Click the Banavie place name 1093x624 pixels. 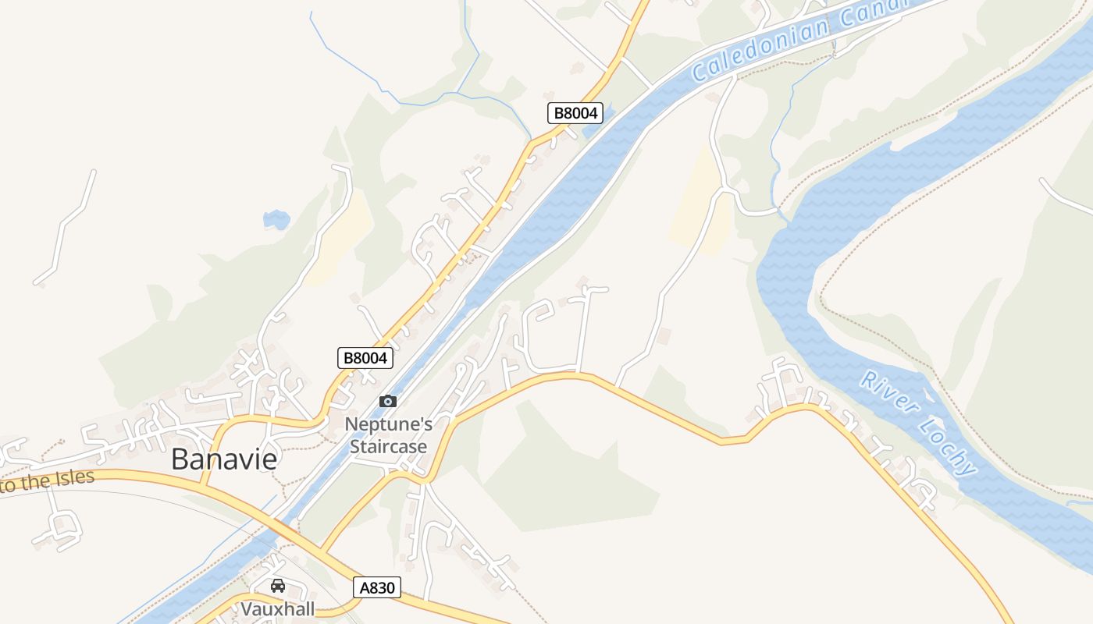click(x=224, y=459)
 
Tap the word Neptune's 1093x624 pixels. click(x=388, y=425)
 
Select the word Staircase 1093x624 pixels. click(x=388, y=447)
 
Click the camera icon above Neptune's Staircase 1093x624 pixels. click(x=388, y=402)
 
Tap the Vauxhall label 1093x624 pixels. click(x=277, y=609)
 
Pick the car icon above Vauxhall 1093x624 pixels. click(x=277, y=586)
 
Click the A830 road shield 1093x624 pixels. click(x=377, y=587)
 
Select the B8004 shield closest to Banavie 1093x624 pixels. click(x=365, y=358)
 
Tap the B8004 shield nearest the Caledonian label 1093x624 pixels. click(x=575, y=113)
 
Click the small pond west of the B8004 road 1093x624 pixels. click(x=276, y=219)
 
